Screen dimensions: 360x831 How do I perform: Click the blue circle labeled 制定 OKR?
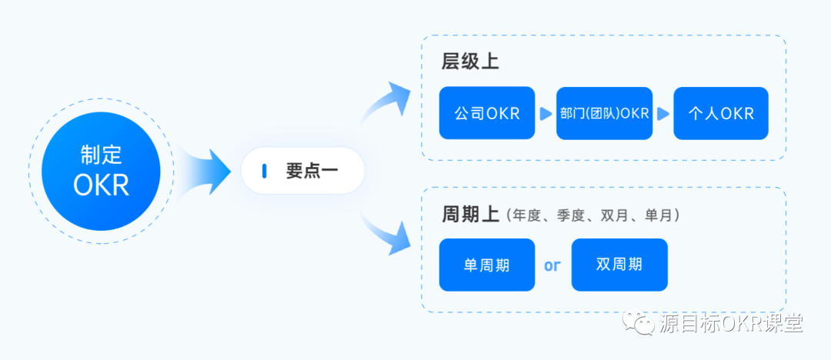(101, 172)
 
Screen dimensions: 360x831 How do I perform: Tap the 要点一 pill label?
(302, 171)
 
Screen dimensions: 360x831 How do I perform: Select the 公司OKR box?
(486, 113)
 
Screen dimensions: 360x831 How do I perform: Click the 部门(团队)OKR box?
(604, 113)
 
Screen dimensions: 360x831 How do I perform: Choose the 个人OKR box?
(720, 113)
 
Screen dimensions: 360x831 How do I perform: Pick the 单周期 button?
(486, 265)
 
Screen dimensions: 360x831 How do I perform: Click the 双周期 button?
(619, 265)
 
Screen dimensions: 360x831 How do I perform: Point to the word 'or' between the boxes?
(552, 265)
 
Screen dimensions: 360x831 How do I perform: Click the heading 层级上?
(470, 62)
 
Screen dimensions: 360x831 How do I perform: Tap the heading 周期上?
(470, 214)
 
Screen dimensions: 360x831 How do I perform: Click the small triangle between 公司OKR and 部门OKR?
(546, 114)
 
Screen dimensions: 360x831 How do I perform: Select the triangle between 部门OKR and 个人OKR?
(662, 114)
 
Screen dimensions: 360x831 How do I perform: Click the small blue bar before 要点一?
(264, 171)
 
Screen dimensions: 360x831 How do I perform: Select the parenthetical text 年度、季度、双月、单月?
(592, 215)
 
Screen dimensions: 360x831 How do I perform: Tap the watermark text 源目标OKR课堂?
(731, 323)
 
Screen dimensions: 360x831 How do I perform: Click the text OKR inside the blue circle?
(101, 186)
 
